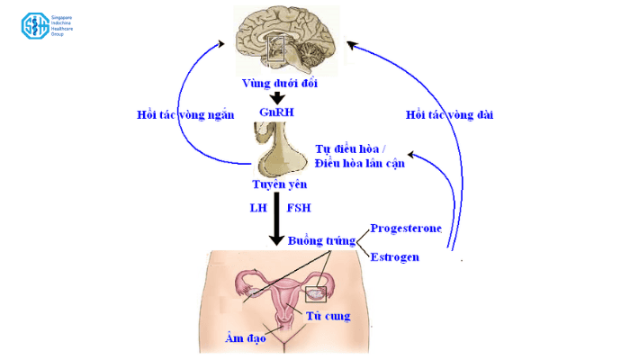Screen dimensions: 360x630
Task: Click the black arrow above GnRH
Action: click(278, 97)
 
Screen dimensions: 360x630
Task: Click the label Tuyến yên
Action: click(279, 185)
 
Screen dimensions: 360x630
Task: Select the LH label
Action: click(258, 209)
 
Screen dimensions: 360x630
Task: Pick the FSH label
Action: click(299, 209)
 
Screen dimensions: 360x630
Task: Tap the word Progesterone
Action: click(406, 228)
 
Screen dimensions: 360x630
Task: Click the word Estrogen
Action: click(395, 256)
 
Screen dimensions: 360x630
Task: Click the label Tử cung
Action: click(328, 316)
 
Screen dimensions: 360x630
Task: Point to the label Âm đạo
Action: click(245, 338)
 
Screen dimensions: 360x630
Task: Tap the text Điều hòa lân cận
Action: click(360, 163)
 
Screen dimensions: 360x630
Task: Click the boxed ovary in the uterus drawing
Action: click(317, 292)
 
